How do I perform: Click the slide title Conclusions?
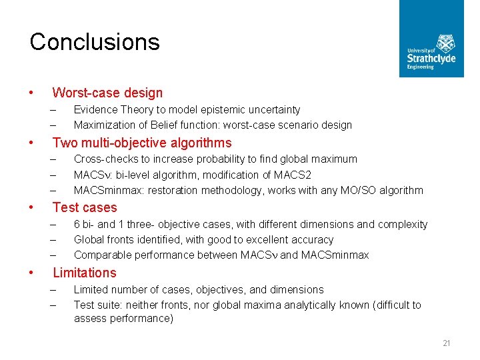[x=95, y=42]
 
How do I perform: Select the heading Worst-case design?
[x=107, y=93]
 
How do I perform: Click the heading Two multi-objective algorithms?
[x=142, y=143]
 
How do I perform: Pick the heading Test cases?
[x=85, y=207]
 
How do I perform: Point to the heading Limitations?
[x=85, y=273]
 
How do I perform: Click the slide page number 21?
[x=446, y=343]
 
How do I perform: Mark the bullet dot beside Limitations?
[x=32, y=273]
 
